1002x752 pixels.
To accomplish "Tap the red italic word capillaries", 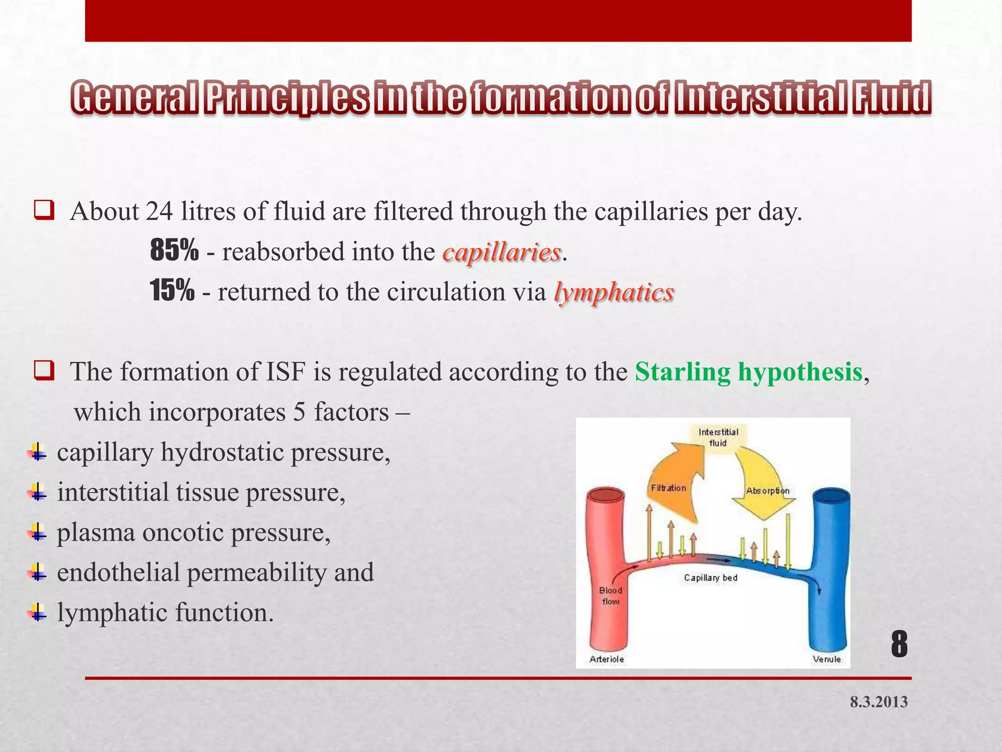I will (x=501, y=253).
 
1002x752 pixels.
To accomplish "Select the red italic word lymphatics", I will (x=614, y=293).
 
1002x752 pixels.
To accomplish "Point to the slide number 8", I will (x=899, y=645).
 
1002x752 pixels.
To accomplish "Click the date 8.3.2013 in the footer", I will (x=879, y=702).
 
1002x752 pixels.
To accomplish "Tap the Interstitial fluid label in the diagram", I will (x=718, y=437).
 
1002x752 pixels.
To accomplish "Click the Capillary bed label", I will (x=710, y=578).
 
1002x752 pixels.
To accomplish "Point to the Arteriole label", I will (x=607, y=659).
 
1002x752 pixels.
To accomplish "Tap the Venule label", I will (x=826, y=659).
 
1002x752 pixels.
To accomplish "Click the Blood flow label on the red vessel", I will (x=611, y=596).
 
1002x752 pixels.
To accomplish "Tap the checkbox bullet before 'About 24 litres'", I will (x=44, y=211).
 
